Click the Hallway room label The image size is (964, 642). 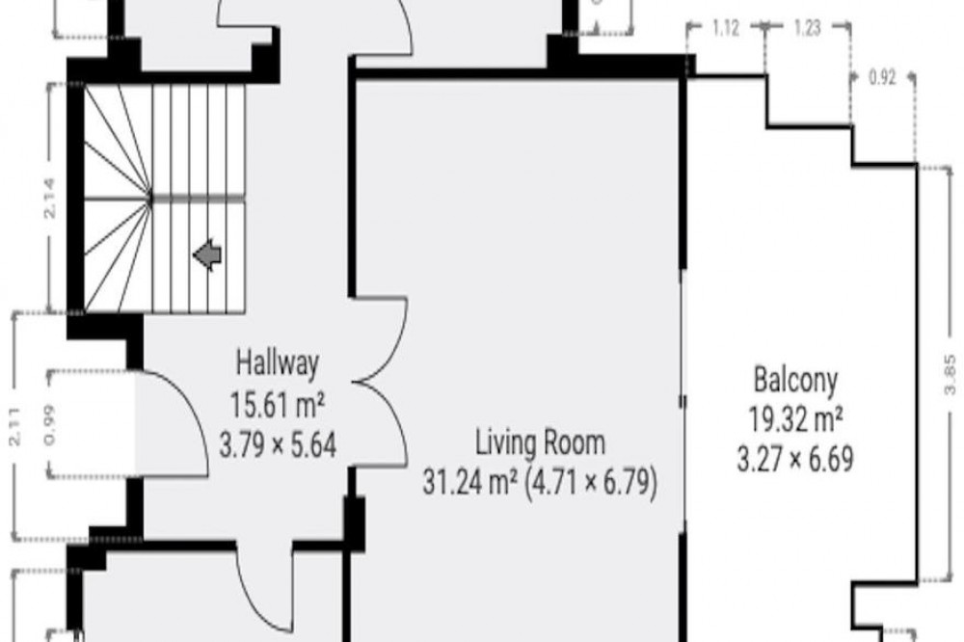pyautogui.click(x=278, y=362)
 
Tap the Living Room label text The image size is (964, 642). pyautogui.click(x=541, y=442)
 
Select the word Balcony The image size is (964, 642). pyautogui.click(x=795, y=381)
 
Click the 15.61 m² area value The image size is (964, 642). pyautogui.click(x=278, y=404)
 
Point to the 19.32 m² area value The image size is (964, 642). pyautogui.click(x=795, y=420)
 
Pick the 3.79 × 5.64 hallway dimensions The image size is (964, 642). pyautogui.click(x=278, y=444)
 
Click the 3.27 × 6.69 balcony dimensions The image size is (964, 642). pyautogui.click(x=795, y=459)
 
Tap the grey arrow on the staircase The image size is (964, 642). pyautogui.click(x=207, y=254)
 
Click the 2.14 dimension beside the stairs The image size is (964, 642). pyautogui.click(x=49, y=198)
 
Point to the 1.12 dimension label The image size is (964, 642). pyautogui.click(x=726, y=28)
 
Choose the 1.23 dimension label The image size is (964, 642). pyautogui.click(x=807, y=28)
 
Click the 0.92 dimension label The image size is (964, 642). pyautogui.click(x=882, y=78)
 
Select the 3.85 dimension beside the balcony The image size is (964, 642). pyautogui.click(x=950, y=374)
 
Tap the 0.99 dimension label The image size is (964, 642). pyautogui.click(x=50, y=424)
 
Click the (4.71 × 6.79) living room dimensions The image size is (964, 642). pyautogui.click(x=592, y=482)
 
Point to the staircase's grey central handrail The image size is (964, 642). pyautogui.click(x=198, y=198)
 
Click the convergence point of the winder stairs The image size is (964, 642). pyautogui.click(x=150, y=198)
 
